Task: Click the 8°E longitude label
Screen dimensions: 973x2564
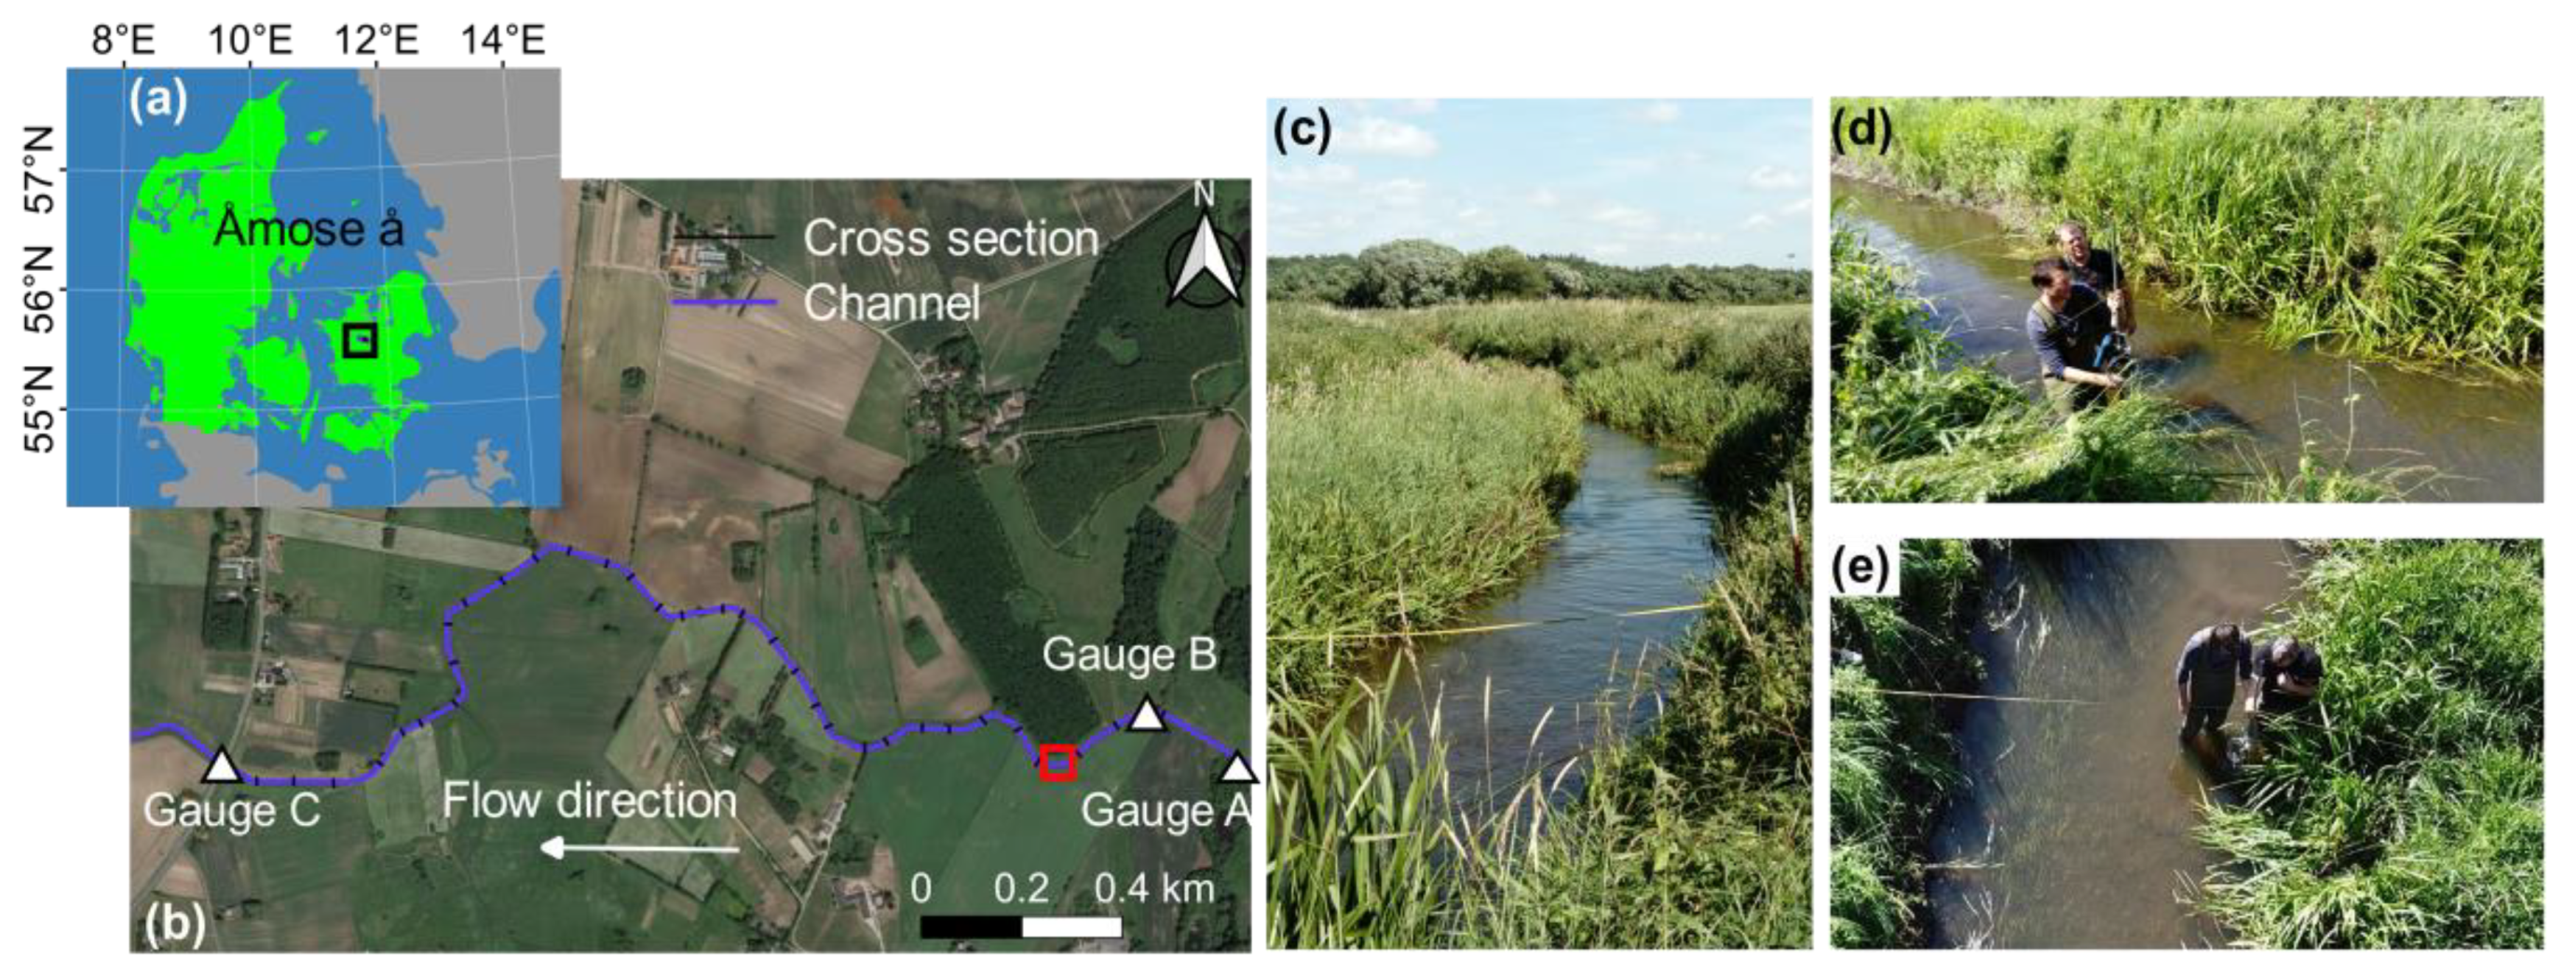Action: tap(123, 41)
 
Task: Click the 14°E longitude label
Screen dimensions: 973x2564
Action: tap(503, 41)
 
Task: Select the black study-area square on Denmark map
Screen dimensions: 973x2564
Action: tap(360, 339)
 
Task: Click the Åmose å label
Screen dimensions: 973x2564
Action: tap(308, 230)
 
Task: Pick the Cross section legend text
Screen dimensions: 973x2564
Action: tap(950, 238)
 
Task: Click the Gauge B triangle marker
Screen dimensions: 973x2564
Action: tap(1147, 714)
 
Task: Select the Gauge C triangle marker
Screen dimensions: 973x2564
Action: tap(221, 766)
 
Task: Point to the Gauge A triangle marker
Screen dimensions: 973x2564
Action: tap(1237, 768)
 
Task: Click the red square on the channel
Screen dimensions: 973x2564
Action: tap(1057, 762)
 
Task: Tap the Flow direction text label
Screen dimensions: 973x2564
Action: tap(589, 801)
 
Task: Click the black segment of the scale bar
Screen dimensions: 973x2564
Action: tap(971, 927)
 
